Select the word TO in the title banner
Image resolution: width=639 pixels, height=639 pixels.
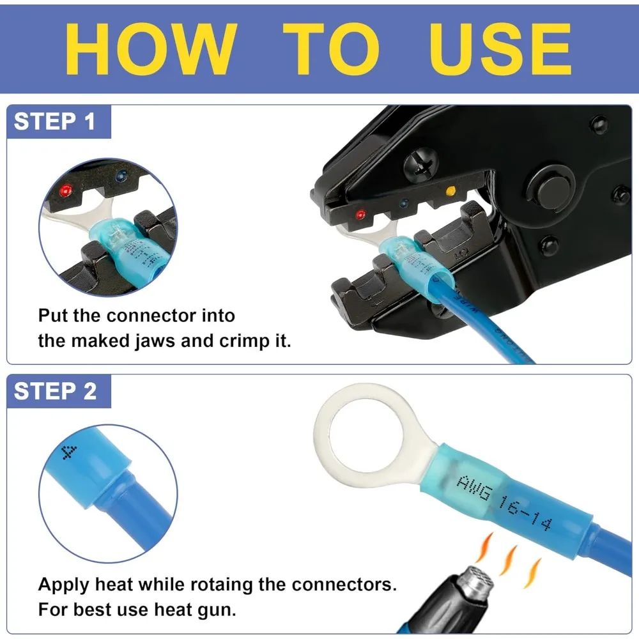click(332, 49)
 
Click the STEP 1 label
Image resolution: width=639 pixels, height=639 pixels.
click(54, 121)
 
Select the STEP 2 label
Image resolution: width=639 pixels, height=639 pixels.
click(55, 391)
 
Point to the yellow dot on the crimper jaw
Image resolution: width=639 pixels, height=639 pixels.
click(450, 190)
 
